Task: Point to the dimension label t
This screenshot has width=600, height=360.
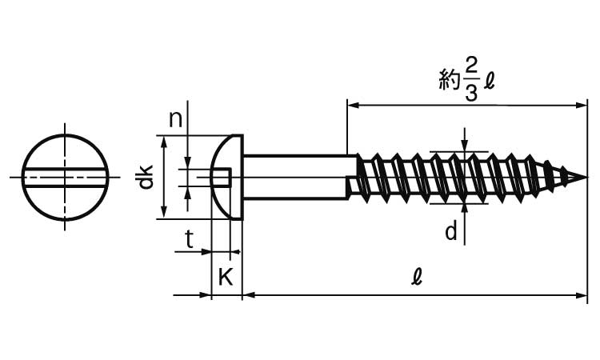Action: click(x=189, y=238)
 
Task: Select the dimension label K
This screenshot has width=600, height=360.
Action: click(x=226, y=278)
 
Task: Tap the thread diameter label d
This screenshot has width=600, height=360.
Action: click(x=452, y=232)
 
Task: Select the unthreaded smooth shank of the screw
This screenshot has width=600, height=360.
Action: click(x=294, y=177)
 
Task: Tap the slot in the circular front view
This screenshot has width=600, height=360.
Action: click(x=64, y=177)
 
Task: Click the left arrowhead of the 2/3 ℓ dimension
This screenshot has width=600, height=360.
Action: click(x=351, y=104)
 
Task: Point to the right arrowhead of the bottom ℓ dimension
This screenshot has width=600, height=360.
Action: click(x=582, y=296)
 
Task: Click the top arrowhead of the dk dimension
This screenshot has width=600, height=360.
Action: click(x=164, y=141)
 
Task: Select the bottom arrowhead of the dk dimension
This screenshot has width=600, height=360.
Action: click(x=164, y=212)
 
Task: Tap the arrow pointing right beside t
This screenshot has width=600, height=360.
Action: click(x=203, y=252)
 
